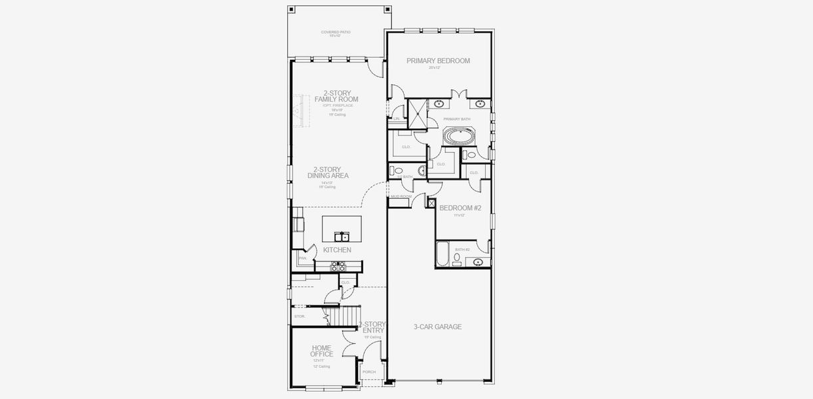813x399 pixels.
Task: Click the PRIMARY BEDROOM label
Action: [438, 61]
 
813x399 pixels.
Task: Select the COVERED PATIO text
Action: [335, 32]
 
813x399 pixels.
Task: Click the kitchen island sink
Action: [341, 237]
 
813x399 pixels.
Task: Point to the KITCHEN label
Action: [337, 250]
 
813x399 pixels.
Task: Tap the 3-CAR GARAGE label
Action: [437, 327]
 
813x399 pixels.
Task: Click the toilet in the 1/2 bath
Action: [398, 172]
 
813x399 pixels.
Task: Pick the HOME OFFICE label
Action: [321, 350]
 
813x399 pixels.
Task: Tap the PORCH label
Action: [369, 372]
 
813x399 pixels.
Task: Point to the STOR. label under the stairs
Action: [299, 317]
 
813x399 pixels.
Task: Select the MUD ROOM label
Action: [401, 197]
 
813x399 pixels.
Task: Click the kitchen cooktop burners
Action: [339, 266]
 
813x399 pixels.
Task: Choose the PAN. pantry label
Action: [302, 258]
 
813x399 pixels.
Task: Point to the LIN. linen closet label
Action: [397, 118]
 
